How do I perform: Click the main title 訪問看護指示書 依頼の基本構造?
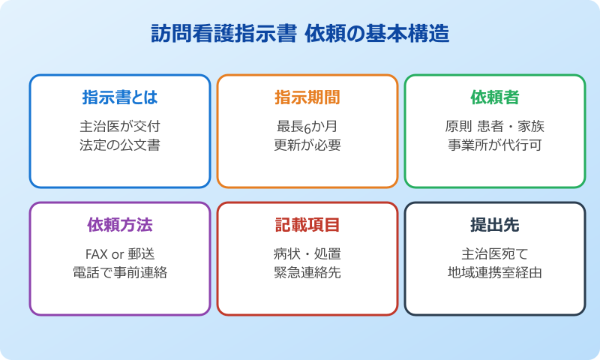(299, 35)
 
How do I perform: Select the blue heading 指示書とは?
(120, 97)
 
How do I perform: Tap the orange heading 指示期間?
(307, 97)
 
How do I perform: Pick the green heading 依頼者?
(495, 97)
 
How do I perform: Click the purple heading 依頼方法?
(120, 224)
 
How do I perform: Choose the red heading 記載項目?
(307, 224)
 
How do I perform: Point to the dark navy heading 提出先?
(495, 224)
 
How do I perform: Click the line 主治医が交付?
(120, 126)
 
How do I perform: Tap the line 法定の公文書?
(120, 145)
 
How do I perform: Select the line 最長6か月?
(307, 126)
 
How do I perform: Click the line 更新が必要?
(307, 145)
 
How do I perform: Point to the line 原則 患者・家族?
(495, 126)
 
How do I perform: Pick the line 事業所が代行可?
(495, 145)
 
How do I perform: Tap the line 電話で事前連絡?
(120, 272)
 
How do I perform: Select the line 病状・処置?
(307, 253)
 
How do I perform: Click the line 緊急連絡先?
(307, 272)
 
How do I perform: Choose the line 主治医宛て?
(495, 253)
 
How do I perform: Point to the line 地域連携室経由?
(495, 272)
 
